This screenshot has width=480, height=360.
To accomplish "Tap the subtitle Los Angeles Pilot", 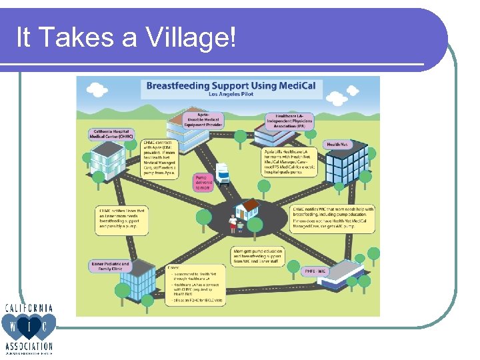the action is (231, 95).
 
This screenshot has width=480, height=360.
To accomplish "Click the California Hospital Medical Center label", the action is (110, 135).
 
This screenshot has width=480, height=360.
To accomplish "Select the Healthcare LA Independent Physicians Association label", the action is (289, 121).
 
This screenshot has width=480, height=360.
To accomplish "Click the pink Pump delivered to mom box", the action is (203, 183).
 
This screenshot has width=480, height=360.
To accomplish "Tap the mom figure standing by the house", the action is (233, 224).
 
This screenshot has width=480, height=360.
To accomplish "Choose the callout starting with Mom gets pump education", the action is (257, 256).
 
